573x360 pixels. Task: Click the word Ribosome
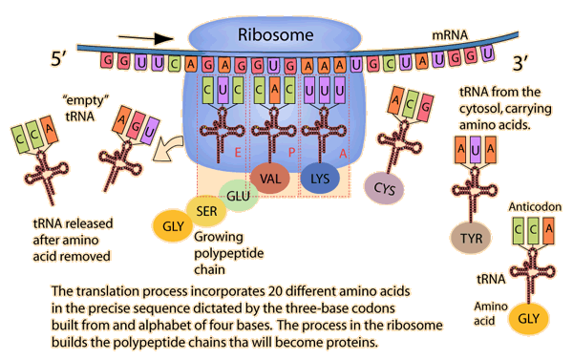[276, 35]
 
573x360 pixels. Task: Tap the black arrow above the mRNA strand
[145, 37]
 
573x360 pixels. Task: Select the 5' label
[58, 57]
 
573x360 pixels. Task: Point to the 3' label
[520, 63]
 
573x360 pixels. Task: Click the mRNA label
[450, 35]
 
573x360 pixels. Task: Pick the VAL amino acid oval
[270, 179]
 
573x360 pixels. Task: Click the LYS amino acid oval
[320, 179]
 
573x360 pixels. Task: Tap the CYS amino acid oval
[385, 188]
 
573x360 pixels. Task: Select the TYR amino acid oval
[472, 239]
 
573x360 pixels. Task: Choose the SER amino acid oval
[206, 211]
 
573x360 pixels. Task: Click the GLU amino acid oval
[238, 196]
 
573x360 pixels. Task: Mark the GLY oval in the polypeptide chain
[173, 226]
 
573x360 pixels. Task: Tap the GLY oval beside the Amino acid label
[529, 319]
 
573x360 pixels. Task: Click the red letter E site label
[238, 153]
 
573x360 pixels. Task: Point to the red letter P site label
[291, 153]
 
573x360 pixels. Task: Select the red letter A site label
[343, 154]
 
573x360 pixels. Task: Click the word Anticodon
[535, 207]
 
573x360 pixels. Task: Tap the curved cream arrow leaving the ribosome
[167, 148]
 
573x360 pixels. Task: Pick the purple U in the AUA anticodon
[475, 150]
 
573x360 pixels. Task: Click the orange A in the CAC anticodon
[274, 90]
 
